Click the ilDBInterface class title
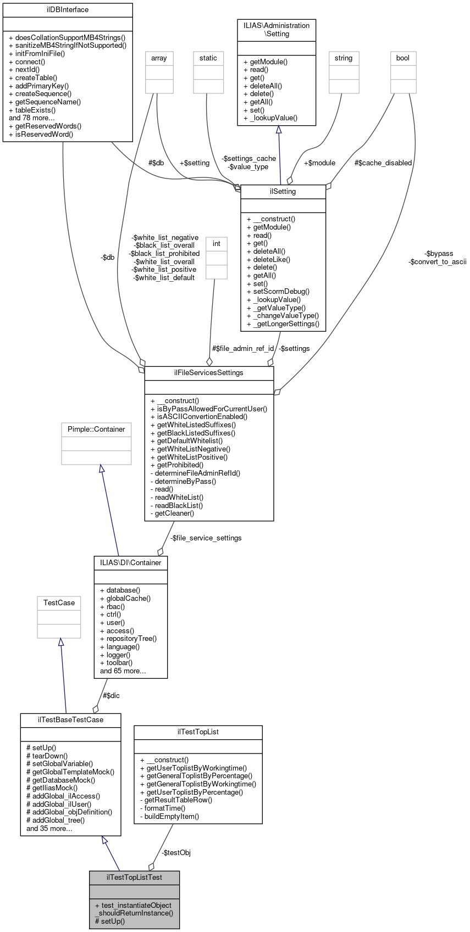(x=68, y=10)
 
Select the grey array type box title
(x=159, y=58)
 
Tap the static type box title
(x=208, y=58)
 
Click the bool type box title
(x=403, y=58)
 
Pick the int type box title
(x=217, y=244)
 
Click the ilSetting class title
(x=283, y=192)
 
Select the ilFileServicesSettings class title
(x=209, y=373)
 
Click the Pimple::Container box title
(x=96, y=429)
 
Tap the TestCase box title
(x=59, y=603)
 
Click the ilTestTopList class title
(x=198, y=732)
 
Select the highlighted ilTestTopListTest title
(x=135, y=877)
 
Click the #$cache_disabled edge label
(x=383, y=163)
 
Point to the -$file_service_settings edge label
(x=206, y=538)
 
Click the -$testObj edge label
(x=176, y=853)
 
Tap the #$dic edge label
(x=111, y=696)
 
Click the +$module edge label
(x=319, y=163)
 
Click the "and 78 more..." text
(x=31, y=118)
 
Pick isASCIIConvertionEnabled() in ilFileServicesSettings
(x=202, y=417)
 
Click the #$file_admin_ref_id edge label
(x=243, y=349)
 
